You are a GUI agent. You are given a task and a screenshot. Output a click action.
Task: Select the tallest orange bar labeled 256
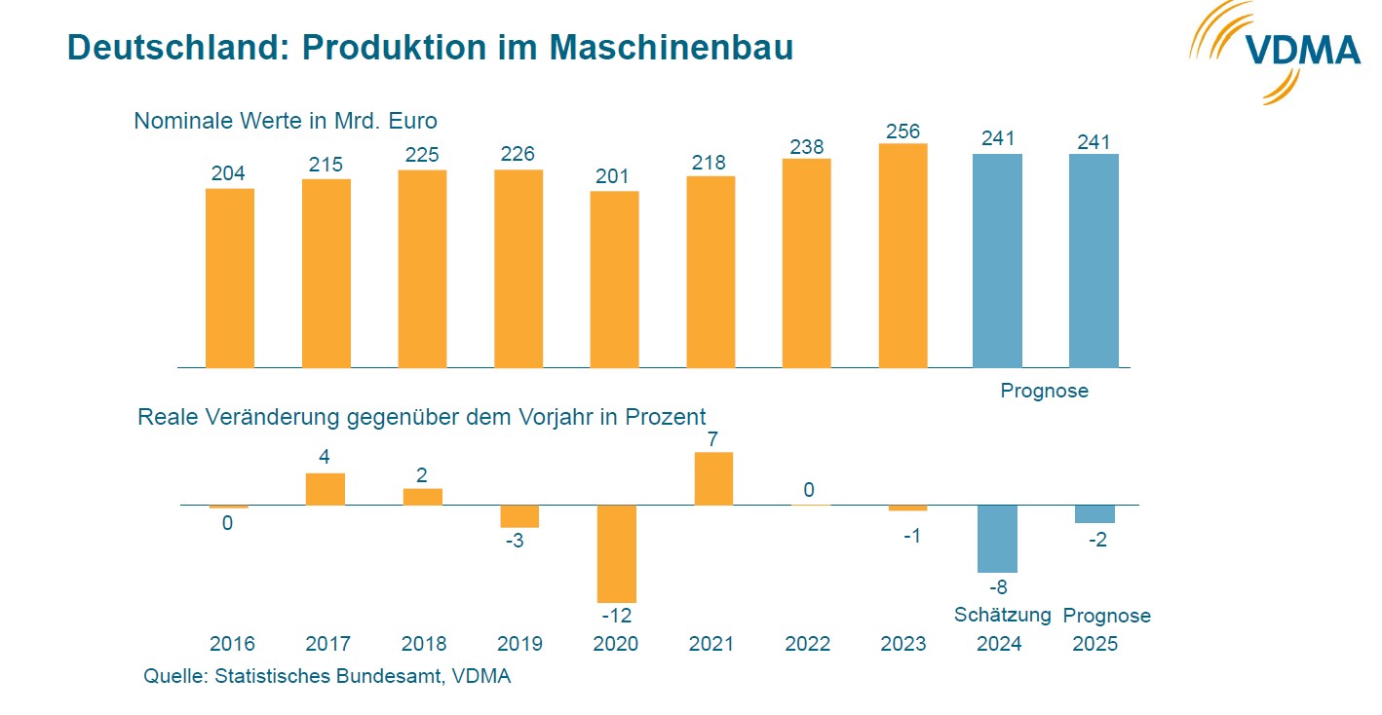(902, 255)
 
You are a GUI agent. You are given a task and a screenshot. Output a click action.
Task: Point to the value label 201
(614, 176)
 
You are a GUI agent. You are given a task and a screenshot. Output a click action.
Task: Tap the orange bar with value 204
(229, 278)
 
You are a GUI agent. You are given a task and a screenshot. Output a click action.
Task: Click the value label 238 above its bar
(807, 146)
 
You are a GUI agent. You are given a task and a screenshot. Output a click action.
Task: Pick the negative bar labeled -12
(616, 553)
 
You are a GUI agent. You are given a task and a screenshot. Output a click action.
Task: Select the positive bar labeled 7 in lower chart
(713, 478)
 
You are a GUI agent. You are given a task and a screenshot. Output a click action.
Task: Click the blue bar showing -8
(997, 539)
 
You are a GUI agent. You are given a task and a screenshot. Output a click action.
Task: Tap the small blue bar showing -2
(1094, 514)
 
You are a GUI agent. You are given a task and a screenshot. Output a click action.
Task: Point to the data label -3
(515, 541)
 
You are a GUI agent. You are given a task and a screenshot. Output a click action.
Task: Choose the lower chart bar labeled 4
(326, 489)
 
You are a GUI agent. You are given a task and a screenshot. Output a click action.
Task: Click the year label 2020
(616, 644)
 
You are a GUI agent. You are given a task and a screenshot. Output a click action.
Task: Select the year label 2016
(232, 644)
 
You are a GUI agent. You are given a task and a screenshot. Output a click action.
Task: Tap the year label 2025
(1094, 644)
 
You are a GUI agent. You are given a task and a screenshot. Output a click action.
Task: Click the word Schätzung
(1002, 615)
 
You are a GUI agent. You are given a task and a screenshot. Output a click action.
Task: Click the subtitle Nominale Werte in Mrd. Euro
(286, 122)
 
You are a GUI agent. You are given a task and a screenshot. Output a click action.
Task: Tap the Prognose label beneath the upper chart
(1044, 392)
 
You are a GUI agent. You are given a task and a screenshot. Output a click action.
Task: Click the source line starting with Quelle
(326, 677)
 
